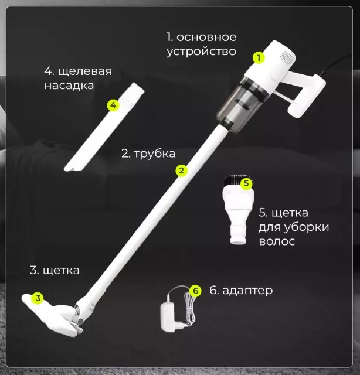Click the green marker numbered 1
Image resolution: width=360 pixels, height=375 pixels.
259,57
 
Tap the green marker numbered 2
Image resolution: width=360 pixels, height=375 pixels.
181,171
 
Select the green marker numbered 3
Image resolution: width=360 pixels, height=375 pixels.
38,298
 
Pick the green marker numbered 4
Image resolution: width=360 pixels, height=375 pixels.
113,105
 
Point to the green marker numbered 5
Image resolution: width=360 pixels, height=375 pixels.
246,183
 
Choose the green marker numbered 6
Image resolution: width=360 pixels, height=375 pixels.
196,291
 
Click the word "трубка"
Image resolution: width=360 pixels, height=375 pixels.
155,154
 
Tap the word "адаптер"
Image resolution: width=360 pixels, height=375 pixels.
247,291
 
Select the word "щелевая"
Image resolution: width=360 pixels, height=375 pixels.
85,71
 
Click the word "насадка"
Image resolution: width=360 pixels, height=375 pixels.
69,86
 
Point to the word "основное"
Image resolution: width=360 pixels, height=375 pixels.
206,37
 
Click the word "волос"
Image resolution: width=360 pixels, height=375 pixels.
277,241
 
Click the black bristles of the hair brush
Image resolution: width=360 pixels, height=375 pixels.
236,182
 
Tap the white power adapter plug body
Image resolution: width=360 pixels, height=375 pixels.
169,317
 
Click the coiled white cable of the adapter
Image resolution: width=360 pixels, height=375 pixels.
189,309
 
